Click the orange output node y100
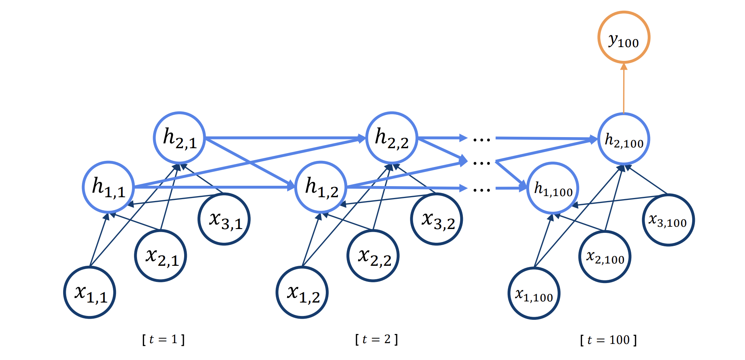pos(624,38)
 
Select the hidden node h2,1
pos(180,138)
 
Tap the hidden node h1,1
pos(109,187)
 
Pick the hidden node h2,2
pos(392,138)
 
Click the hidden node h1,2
pos(321,187)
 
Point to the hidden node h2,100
pos(624,139)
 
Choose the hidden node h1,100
pos(553,188)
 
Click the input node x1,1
pos(90,293)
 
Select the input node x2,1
pos(161,256)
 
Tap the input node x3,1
pos(224,219)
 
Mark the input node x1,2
pos(302,293)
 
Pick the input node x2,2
pos(373,256)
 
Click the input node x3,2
pos(437,219)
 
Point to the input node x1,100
pos(534,293)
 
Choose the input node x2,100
pos(605,257)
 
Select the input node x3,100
pos(668,220)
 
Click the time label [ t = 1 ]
pos(163,340)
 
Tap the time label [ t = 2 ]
pos(377,340)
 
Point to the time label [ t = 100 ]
pos(608,340)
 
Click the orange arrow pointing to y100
pos(624,88)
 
